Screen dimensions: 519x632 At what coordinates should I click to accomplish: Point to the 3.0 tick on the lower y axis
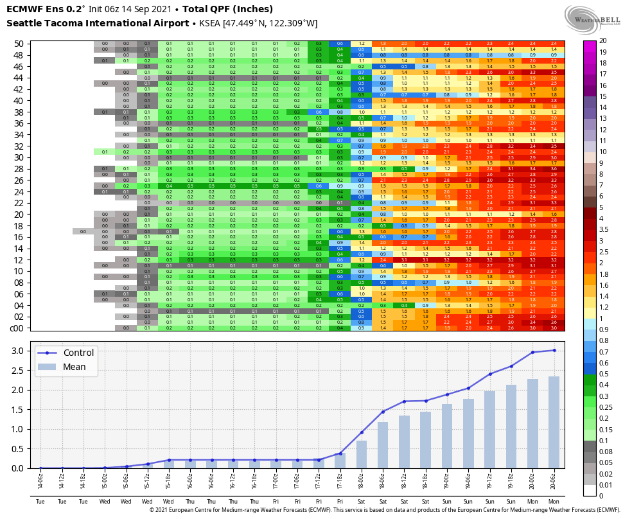(19, 351)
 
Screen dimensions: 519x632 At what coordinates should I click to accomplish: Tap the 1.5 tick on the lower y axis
(19, 409)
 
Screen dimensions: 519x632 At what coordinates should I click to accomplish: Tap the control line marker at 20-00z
(532, 352)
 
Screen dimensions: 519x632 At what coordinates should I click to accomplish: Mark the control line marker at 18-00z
(362, 432)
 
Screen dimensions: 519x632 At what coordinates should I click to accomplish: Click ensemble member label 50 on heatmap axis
(19, 44)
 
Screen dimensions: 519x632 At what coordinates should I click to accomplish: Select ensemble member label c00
(17, 328)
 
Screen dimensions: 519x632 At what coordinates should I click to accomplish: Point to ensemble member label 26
(19, 180)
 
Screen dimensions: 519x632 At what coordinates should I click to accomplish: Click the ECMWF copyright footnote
(385, 510)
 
